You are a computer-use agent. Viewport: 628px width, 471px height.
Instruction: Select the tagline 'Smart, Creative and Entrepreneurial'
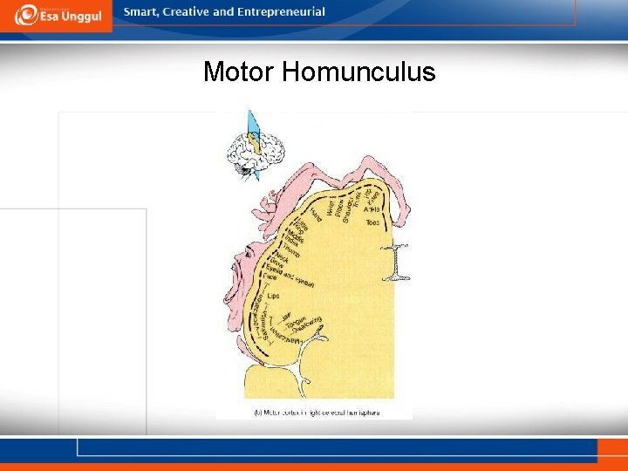[x=224, y=12]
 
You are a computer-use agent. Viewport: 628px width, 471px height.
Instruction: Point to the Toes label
[x=373, y=224]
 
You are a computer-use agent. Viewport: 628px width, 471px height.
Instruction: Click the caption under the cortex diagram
[x=317, y=410]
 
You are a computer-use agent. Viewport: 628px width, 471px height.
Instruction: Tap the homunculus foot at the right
[x=398, y=262]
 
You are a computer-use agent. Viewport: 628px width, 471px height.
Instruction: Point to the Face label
[x=270, y=277]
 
